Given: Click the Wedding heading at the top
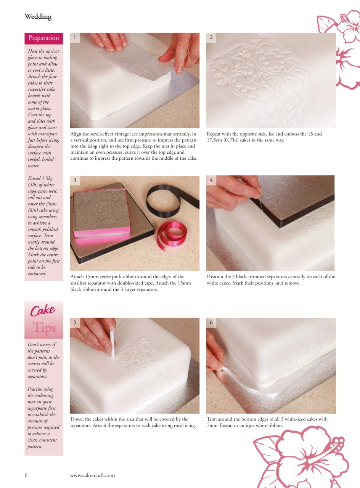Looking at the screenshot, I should click(x=38, y=17).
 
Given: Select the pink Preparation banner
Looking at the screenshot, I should click(x=43, y=38).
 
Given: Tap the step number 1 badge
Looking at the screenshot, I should click(x=75, y=37).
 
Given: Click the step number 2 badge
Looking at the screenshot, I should click(x=211, y=37).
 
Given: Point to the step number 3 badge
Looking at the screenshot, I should click(x=75, y=180).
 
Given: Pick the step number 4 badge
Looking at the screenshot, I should click(x=211, y=180).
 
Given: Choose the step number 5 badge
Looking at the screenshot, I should click(x=75, y=323).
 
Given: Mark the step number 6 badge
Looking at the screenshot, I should click(x=211, y=323).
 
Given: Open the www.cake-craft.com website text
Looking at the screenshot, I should click(x=92, y=475).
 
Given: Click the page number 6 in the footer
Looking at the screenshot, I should click(x=26, y=475).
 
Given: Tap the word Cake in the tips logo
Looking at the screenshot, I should click(x=42, y=311).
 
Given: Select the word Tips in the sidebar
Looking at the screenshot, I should click(x=44, y=327).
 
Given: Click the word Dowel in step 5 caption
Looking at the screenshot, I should click(x=78, y=419).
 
